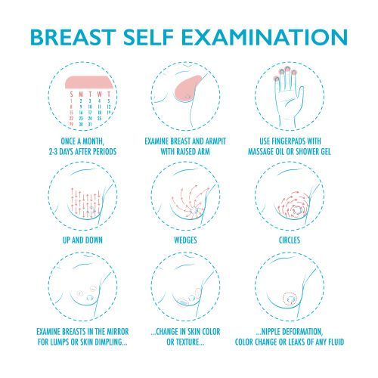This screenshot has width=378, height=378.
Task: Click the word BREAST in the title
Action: click(73, 37)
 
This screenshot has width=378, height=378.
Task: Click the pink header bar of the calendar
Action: click(88, 82)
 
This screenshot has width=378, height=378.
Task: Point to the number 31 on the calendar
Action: click(90, 125)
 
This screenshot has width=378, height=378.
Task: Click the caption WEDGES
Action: click(185, 240)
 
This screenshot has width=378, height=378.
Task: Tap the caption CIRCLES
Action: click(290, 240)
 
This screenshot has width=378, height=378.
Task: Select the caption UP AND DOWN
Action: click(82, 240)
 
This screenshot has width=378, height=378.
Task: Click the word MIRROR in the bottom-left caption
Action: click(118, 332)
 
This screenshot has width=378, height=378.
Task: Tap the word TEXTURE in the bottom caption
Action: click(188, 342)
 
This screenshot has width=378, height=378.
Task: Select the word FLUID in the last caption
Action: click(335, 342)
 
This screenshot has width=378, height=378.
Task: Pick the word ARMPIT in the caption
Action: click(216, 141)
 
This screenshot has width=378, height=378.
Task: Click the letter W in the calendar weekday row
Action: click(100, 94)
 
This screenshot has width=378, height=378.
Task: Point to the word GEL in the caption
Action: click(325, 152)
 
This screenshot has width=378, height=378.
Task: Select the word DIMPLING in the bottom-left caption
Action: click(113, 342)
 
